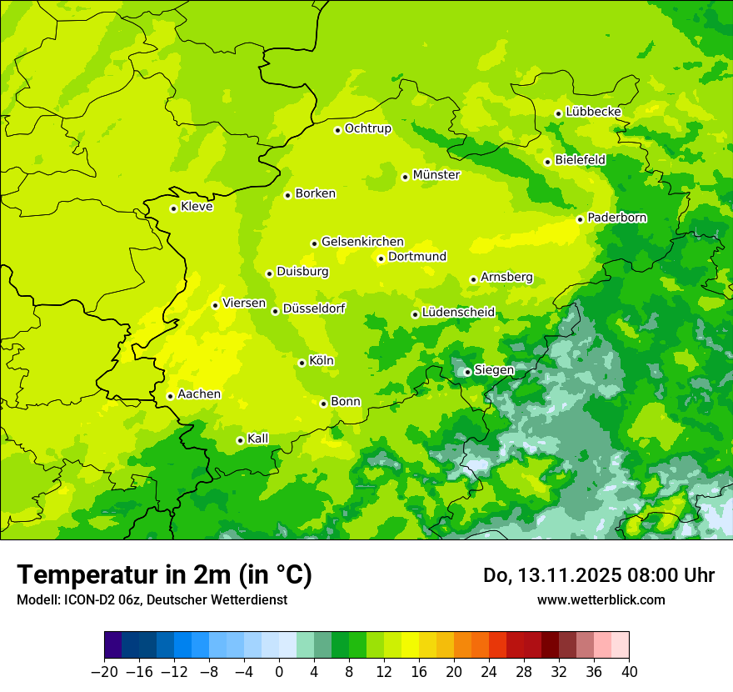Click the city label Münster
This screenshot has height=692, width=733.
click(436, 175)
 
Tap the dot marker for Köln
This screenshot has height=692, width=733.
click(302, 363)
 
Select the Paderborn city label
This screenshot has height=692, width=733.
click(617, 218)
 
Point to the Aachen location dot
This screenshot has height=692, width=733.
click(170, 396)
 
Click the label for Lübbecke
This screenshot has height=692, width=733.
click(593, 112)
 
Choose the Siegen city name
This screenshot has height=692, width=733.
click(494, 370)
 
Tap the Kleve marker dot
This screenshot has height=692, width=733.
click(173, 208)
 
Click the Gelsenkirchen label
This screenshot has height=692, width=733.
click(362, 242)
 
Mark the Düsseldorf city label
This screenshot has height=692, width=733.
click(314, 308)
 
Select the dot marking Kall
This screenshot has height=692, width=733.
click(240, 440)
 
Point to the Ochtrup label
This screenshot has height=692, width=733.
click(368, 128)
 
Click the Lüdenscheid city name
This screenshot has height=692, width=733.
click(458, 313)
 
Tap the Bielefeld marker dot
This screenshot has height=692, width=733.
click(547, 162)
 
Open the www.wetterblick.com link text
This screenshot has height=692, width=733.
click(601, 599)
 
